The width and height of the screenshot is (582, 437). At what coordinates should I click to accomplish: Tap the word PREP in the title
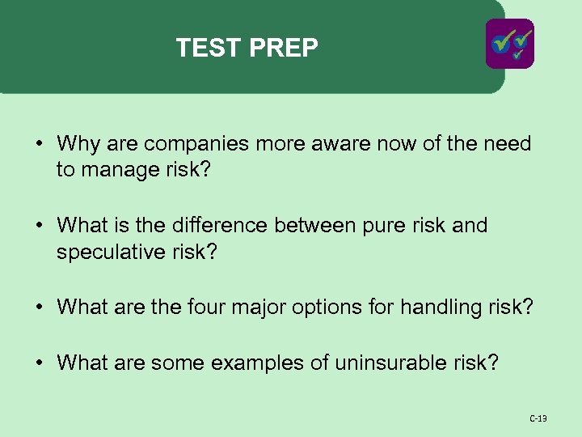284,49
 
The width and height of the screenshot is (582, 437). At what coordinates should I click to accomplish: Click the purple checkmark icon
509,43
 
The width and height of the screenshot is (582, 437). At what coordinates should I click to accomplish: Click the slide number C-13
538,418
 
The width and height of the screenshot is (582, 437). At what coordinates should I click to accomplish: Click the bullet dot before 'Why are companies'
39,146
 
